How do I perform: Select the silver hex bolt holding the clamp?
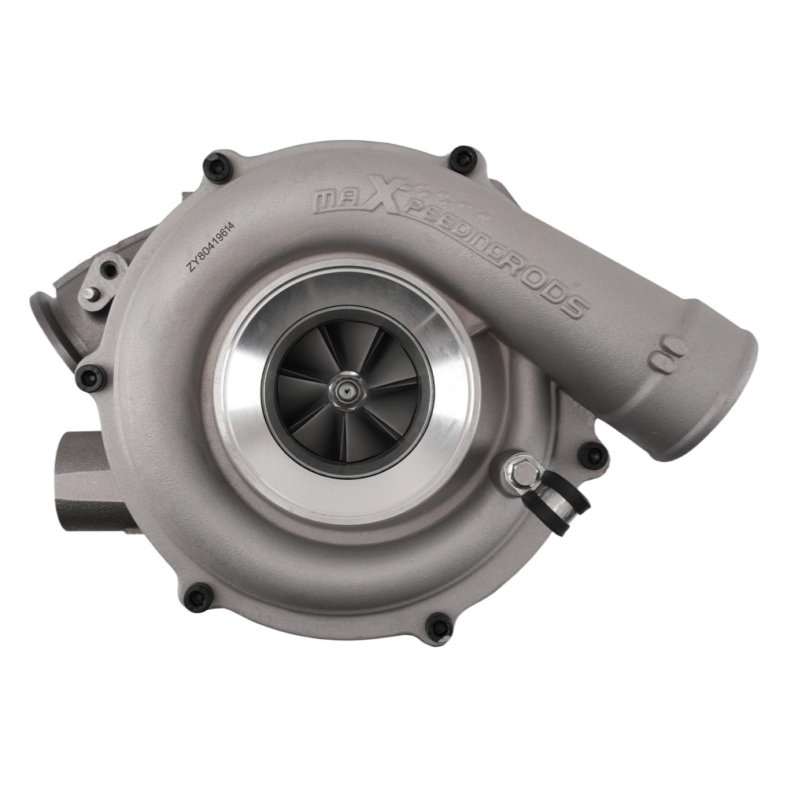(x=520, y=473)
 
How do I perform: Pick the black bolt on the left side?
(x=90, y=377)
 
